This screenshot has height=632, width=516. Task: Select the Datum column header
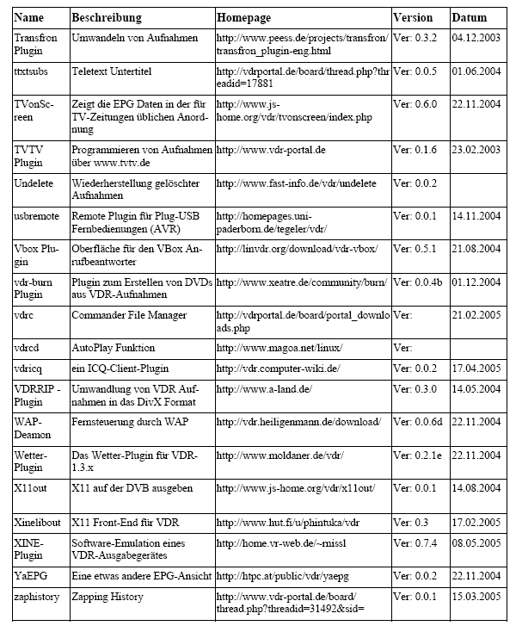(469, 17)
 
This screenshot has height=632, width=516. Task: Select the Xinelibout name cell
(39, 522)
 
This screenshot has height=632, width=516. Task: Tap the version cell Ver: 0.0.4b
(419, 282)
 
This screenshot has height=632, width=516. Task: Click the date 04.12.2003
(476, 38)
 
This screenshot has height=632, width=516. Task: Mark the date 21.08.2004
(476, 249)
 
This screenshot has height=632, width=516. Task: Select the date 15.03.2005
(476, 596)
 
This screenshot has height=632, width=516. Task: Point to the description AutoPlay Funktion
(114, 348)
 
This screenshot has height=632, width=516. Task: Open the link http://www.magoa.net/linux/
(279, 348)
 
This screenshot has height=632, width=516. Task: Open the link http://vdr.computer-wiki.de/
(279, 369)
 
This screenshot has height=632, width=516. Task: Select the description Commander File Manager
(129, 315)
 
